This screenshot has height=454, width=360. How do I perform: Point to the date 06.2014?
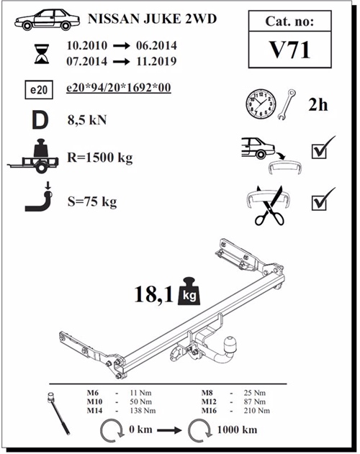click(156, 45)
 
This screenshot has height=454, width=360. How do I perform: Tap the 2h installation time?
click(318, 105)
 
